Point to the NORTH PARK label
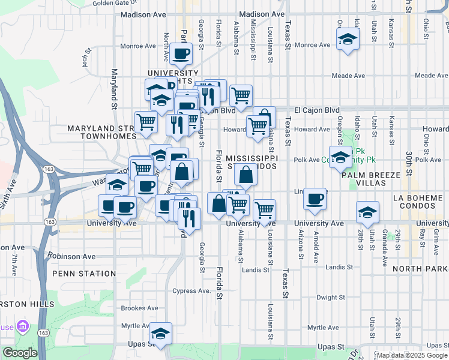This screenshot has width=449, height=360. click(421, 269)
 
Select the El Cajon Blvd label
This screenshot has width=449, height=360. click(317, 110)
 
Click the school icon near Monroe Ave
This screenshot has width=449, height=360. click(347, 40)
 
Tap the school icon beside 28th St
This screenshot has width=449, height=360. click(367, 212)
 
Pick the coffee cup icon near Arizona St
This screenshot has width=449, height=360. click(314, 199)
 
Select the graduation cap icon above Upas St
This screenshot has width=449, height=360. click(160, 334)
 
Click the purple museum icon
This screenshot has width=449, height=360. click(23, 326)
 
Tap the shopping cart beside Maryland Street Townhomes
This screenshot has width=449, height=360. click(146, 122)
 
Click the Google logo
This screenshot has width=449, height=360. click(19, 353)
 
